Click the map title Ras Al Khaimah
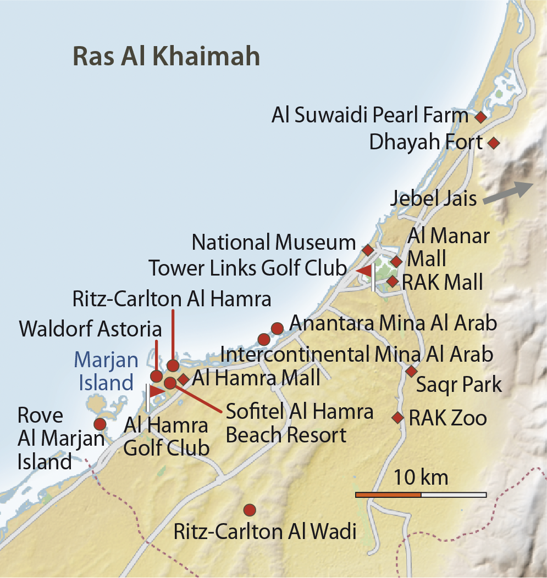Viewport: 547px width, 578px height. (166, 57)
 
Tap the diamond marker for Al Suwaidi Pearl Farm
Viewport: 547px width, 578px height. (480, 117)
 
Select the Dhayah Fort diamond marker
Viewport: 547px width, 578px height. (494, 143)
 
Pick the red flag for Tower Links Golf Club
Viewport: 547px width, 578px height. (365, 271)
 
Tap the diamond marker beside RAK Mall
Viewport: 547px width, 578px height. (392, 282)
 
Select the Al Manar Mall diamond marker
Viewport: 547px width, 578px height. (396, 261)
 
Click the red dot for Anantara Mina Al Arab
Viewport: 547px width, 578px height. (277, 328)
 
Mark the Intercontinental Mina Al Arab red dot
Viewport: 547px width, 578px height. (264, 339)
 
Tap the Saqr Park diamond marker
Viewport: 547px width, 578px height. (411, 372)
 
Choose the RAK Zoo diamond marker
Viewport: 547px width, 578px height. (397, 418)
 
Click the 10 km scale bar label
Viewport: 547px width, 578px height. (421, 478)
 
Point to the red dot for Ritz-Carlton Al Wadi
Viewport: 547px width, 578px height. (250, 510)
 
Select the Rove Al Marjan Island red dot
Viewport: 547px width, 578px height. (100, 424)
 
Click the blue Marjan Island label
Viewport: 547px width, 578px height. (106, 371)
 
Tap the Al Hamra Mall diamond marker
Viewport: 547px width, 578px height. (183, 379)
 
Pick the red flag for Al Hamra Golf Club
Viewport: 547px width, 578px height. (156, 390)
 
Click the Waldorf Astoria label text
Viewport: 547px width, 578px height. (91, 329)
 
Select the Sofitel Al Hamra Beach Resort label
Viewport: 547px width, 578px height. (300, 423)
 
